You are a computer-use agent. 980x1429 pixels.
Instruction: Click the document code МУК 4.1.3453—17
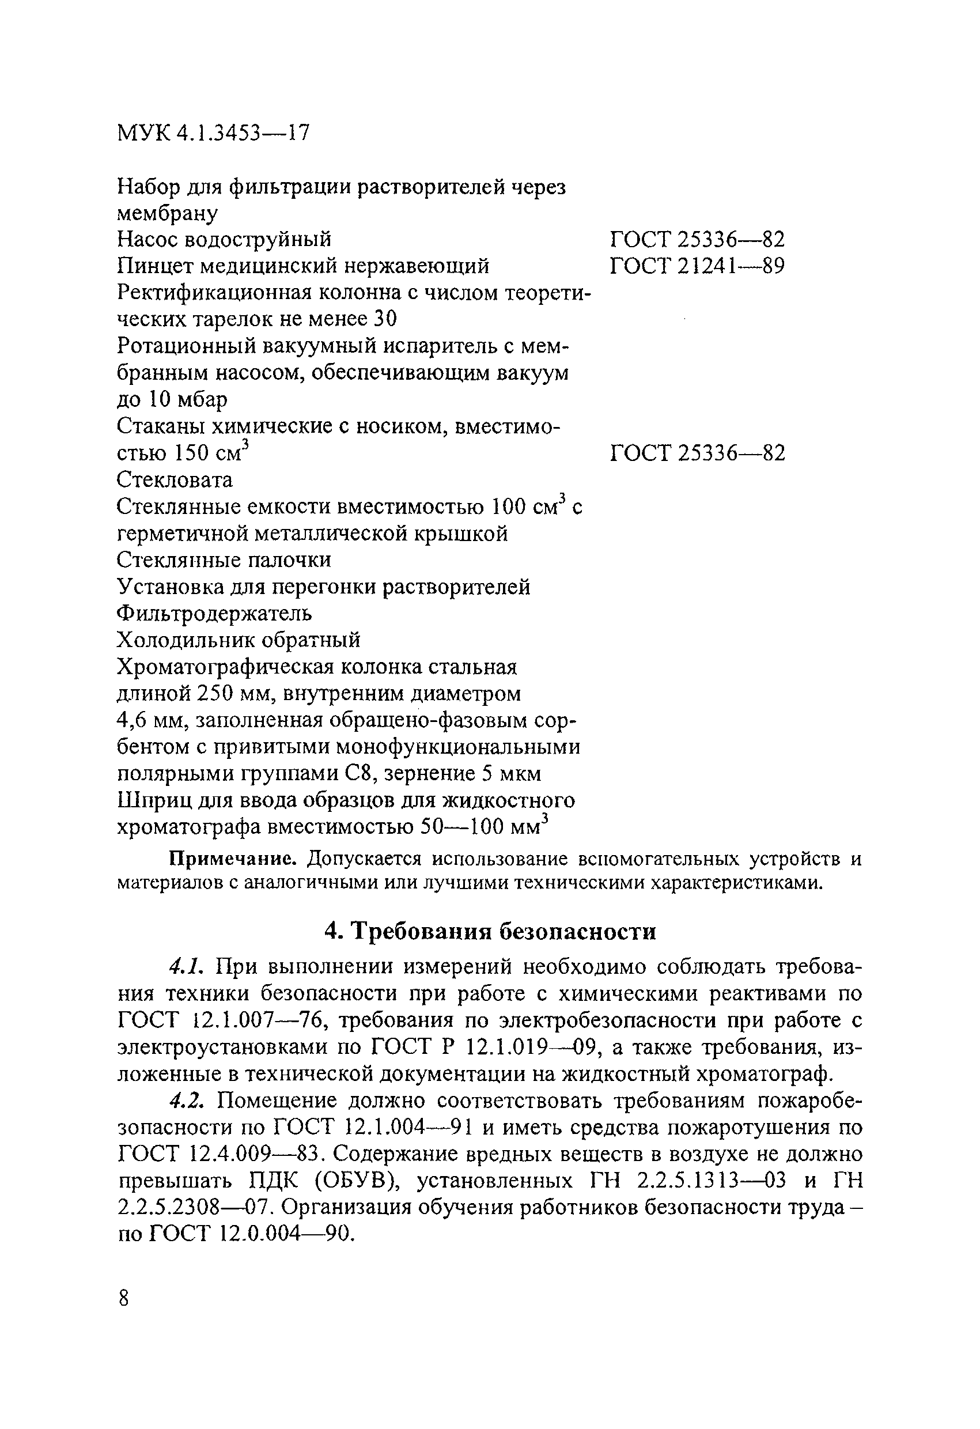pos(213,133)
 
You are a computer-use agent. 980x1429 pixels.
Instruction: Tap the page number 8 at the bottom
pos(123,1299)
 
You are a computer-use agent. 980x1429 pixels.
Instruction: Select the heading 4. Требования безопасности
pos(490,932)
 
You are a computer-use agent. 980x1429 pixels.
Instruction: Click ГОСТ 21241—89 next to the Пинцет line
pos(697,266)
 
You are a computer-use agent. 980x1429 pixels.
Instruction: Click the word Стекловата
pos(175,479)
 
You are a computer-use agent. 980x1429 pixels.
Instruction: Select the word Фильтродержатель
pos(214,613)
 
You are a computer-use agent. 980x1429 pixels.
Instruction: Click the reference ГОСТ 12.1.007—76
pos(225,1020)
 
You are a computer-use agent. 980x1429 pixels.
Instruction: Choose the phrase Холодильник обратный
pos(239,640)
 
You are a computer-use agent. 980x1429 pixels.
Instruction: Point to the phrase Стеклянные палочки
pos(224,559)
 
